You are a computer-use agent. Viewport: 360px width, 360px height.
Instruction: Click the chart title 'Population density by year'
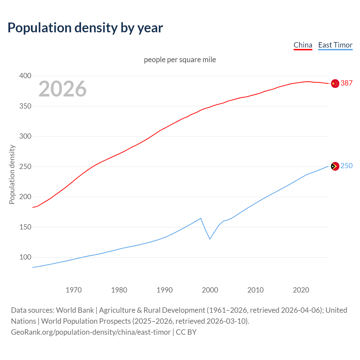click(x=85, y=28)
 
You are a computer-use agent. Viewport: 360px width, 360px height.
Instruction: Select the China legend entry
click(x=303, y=45)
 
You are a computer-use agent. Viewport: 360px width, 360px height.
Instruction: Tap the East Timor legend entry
click(x=335, y=45)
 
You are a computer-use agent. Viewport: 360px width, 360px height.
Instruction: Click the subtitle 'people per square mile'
click(x=180, y=60)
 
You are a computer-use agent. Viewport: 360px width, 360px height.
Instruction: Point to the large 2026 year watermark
click(x=62, y=89)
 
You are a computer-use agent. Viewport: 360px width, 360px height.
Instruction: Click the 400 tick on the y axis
click(x=25, y=76)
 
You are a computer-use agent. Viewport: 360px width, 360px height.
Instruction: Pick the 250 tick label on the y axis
click(x=25, y=166)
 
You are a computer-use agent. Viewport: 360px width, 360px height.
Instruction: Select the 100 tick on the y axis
click(x=25, y=257)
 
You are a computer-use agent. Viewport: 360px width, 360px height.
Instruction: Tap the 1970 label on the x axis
click(x=74, y=290)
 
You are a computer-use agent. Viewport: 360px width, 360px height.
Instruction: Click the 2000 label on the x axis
click(x=210, y=290)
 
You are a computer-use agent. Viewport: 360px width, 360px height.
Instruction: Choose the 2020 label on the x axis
click(x=301, y=290)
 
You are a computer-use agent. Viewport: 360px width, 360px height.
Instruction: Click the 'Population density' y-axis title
click(x=12, y=174)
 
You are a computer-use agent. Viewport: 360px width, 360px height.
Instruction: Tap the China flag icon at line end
click(x=335, y=84)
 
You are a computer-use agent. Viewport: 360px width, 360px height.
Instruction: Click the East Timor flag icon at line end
click(x=335, y=166)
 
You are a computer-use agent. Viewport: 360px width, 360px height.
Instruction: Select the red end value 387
click(x=346, y=83)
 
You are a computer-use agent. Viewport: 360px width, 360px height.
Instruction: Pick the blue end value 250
click(x=346, y=166)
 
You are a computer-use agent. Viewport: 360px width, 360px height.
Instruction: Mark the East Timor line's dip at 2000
click(x=210, y=239)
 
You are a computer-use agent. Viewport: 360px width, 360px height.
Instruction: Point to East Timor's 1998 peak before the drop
click(x=201, y=218)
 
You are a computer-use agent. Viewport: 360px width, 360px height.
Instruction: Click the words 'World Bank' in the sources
click(x=75, y=310)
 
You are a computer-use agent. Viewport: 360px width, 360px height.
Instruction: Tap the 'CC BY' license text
click(x=186, y=332)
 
